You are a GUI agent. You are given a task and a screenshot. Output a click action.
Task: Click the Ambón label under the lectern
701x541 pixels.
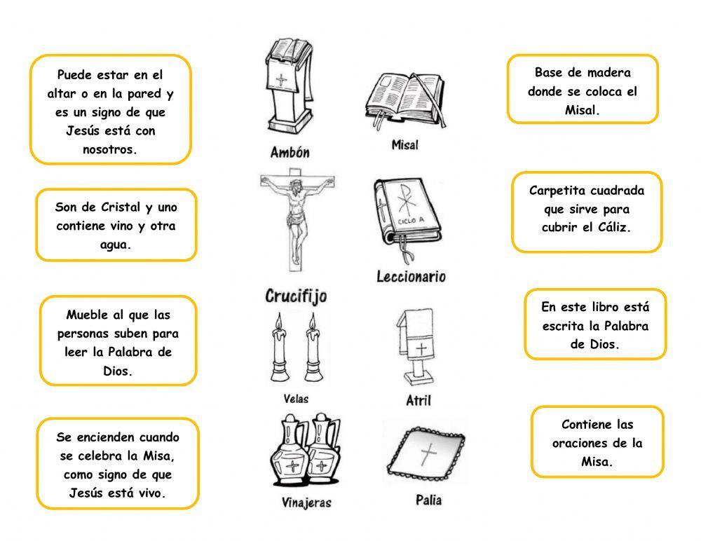pos(290,152)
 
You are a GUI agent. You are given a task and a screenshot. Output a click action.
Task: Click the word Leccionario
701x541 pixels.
pos(411,276)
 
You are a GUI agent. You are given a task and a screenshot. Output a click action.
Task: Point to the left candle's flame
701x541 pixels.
pos(279,322)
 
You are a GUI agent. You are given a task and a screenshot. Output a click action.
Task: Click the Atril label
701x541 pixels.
pos(418,401)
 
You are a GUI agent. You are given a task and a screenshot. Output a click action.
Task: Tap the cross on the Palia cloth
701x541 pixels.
pos(427,456)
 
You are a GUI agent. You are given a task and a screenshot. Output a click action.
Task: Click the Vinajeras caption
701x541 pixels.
pos(306,502)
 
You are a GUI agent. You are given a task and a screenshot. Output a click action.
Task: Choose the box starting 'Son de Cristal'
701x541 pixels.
pos(116,226)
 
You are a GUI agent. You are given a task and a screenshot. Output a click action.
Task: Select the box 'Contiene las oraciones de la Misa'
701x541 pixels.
pos(597,443)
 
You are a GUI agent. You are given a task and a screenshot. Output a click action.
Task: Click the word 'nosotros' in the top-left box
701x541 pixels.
pos(111,149)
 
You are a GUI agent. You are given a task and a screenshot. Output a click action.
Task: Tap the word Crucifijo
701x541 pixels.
pos(296,296)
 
